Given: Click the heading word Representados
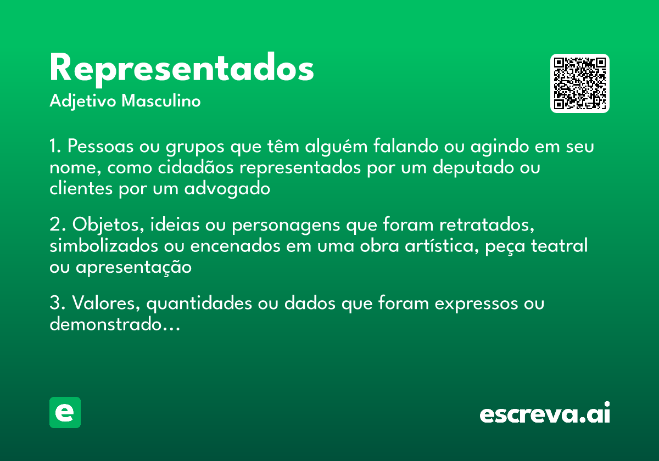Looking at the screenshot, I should (x=181, y=69).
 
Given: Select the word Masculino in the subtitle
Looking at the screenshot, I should (x=161, y=102).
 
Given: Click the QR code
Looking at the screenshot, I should (x=579, y=83).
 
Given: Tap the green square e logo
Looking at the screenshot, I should (x=65, y=412).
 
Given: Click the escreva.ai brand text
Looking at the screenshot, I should (x=545, y=413).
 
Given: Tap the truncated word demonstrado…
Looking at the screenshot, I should (x=115, y=324).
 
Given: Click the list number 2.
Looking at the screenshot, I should (x=55, y=225).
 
